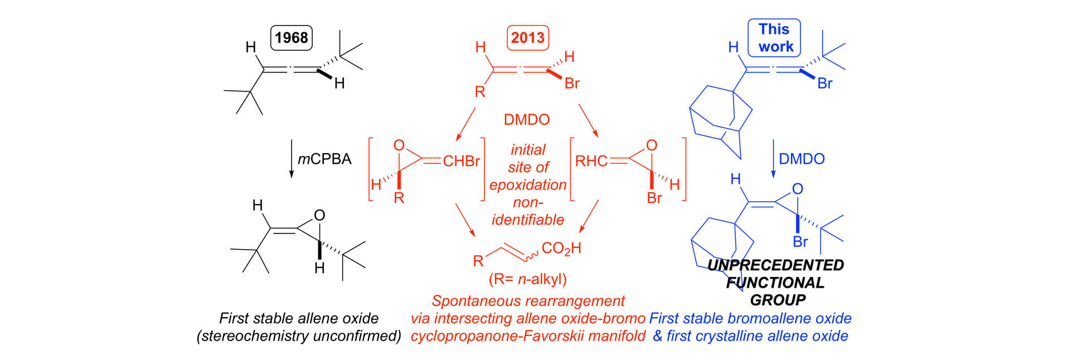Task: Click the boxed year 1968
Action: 291,37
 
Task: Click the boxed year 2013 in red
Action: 527,37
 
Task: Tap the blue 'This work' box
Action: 774,37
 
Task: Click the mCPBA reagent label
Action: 324,159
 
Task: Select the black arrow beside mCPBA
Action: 291,159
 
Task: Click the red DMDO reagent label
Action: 526,119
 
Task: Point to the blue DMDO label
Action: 802,159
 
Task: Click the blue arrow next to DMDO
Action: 773,159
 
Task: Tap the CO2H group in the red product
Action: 561,249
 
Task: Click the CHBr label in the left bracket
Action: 461,162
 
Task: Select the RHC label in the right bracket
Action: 591,162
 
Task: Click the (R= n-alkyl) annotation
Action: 527,279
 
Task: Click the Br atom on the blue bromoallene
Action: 824,84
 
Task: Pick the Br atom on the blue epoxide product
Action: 800,242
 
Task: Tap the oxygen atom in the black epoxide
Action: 319,216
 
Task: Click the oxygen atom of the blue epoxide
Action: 798,189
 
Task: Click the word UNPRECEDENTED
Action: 776,265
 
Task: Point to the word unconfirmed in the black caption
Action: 355,336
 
